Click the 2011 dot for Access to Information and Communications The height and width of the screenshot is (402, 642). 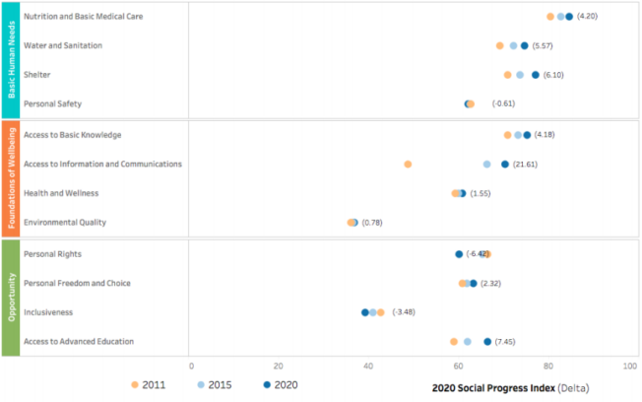point(408,165)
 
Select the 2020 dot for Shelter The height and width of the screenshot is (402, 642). point(536,75)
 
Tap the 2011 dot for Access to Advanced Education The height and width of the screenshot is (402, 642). point(454,342)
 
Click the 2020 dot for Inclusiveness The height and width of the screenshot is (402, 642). point(365,312)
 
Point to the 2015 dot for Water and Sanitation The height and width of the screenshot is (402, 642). point(513,45)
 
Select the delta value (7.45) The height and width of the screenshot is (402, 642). point(506,342)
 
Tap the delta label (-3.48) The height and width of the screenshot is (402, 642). point(404,312)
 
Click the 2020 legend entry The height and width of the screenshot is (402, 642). point(281,384)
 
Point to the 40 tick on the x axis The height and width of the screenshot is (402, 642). point(367,366)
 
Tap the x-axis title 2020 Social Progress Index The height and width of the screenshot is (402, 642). point(492,388)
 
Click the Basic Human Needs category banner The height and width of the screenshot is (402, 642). point(10,58)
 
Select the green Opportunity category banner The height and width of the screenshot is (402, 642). point(10,297)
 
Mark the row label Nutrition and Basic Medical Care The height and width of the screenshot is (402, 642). point(84,16)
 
